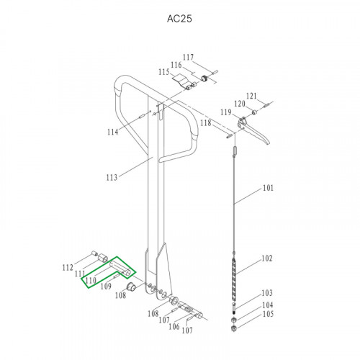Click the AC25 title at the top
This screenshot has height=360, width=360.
(179, 19)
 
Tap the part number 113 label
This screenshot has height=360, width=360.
(112, 178)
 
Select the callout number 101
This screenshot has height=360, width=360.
(268, 188)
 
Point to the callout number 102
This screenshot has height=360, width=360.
(267, 258)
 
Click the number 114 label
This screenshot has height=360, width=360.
(113, 132)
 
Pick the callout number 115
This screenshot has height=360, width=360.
(164, 72)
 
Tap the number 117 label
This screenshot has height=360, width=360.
(188, 57)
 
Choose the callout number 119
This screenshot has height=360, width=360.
(226, 112)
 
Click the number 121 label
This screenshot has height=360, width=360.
(251, 96)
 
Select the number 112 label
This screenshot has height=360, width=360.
(68, 268)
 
